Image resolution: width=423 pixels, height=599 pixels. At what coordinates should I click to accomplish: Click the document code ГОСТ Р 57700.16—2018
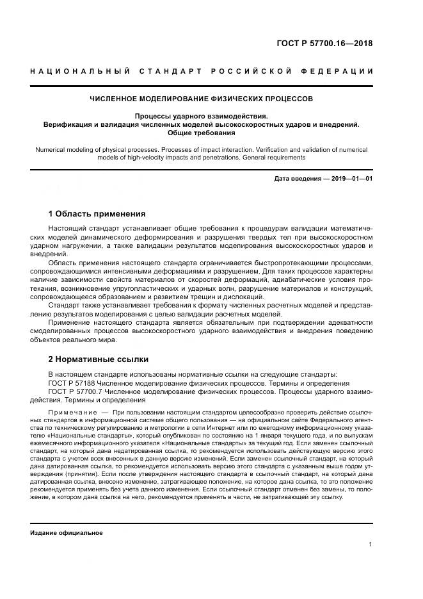coord(324,44)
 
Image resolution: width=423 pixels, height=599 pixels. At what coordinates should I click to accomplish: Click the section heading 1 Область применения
coord(97,214)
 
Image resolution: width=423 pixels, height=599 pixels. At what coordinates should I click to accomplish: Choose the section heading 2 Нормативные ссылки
coord(98,359)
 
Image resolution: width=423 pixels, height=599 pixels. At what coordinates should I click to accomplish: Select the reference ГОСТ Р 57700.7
coord(79,391)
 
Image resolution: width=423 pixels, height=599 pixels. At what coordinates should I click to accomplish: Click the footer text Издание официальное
coord(66,532)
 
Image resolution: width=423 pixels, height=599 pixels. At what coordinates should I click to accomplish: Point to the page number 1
coord(370,544)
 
